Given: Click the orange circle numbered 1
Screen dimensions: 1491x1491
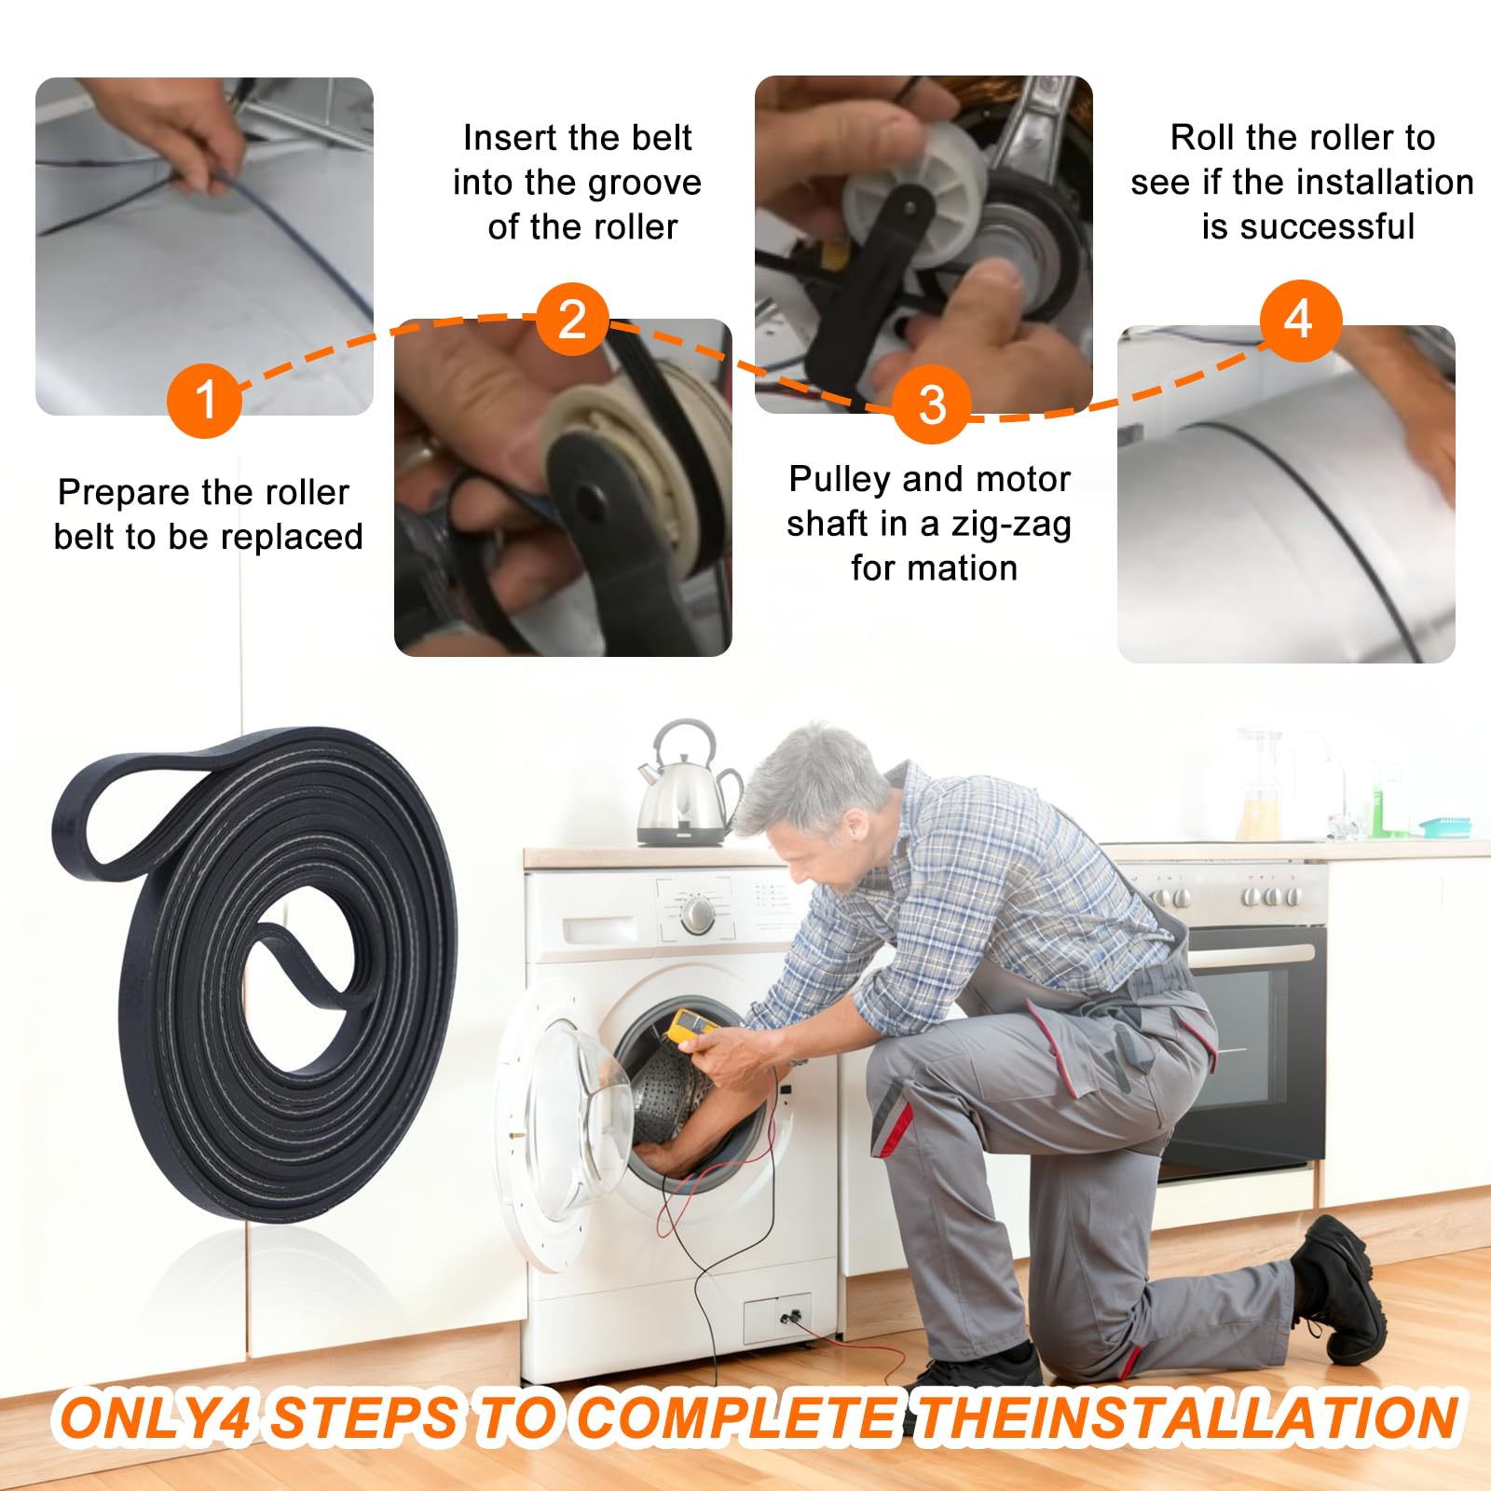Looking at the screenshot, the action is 205,400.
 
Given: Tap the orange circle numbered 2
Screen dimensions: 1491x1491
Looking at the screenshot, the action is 572,320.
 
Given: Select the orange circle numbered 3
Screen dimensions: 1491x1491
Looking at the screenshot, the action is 932,404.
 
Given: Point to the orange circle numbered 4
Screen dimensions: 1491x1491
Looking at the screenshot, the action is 1300,320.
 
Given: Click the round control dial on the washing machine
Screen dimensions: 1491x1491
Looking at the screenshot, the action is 697,914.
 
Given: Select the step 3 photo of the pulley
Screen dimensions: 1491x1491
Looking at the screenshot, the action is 923,244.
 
